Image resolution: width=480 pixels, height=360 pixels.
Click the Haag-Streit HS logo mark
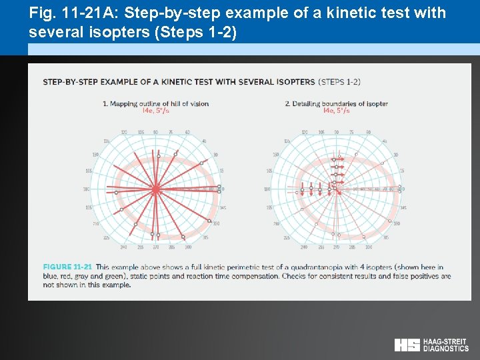pyautogui.click(x=407, y=345)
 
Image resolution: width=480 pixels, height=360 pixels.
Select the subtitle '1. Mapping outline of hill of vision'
pyautogui.click(x=155, y=103)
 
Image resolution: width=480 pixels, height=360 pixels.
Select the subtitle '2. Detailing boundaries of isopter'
pyautogui.click(x=336, y=103)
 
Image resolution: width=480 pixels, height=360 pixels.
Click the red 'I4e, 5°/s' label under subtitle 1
pyautogui.click(x=155, y=111)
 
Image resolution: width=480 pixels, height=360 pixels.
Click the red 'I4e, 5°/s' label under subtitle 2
pyautogui.click(x=336, y=111)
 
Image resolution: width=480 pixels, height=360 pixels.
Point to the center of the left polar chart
pyautogui.click(x=155, y=190)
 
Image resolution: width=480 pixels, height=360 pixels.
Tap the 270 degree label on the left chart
pyautogui.click(x=155, y=247)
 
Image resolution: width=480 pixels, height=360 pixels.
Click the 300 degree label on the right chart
pyautogui.click(x=369, y=247)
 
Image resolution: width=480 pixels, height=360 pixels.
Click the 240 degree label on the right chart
pyautogui.click(x=305, y=247)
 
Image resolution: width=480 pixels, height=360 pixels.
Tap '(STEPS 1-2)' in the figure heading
pyautogui.click(x=339, y=81)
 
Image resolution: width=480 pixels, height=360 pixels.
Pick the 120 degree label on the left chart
pyautogui.click(x=124, y=132)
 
